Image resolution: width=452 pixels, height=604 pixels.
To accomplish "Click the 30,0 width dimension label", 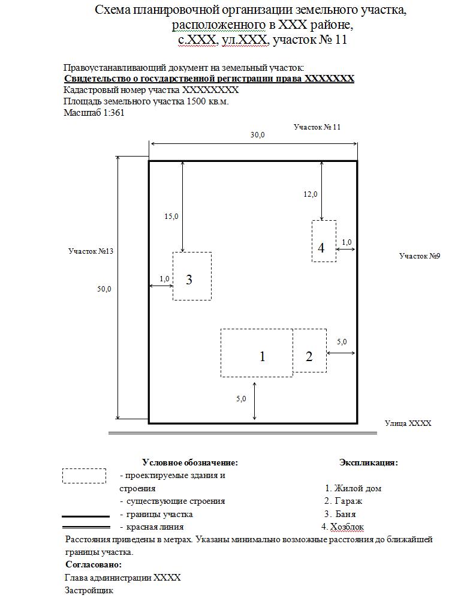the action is coord(258,135).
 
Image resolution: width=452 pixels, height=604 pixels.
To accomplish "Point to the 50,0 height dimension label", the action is coord(104,289).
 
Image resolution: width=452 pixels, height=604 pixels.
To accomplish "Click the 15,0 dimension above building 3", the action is coord(171,217).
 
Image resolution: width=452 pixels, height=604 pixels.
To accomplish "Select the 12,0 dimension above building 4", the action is coord(311,194).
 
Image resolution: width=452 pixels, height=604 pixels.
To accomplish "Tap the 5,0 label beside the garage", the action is coord(342,342).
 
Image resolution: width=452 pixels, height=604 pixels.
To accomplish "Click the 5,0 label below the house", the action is coord(241,399).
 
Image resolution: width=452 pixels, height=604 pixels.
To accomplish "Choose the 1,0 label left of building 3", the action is coord(164,278).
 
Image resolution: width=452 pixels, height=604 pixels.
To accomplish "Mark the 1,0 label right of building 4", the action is coord(346,242).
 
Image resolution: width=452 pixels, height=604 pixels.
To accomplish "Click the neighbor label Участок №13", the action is coord(91,251).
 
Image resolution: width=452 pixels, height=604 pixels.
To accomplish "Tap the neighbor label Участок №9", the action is coord(420,256).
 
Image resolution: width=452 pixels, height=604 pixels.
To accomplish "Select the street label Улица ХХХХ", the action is coord(408,423).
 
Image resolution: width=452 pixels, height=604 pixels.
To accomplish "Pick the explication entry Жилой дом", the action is coord(358,488).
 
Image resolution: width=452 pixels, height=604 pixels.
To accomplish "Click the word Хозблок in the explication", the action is coord(347,527).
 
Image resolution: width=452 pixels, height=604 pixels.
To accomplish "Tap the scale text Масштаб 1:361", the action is coord(94,113).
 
